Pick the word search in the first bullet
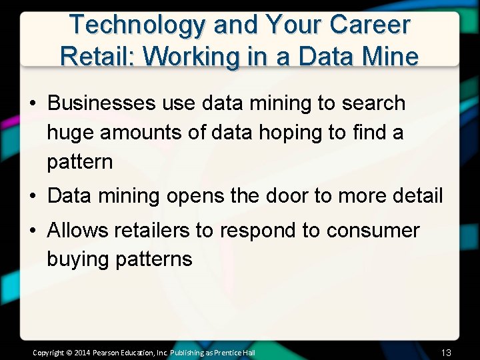point(373,103)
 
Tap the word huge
point(70,133)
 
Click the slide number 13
point(446,352)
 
